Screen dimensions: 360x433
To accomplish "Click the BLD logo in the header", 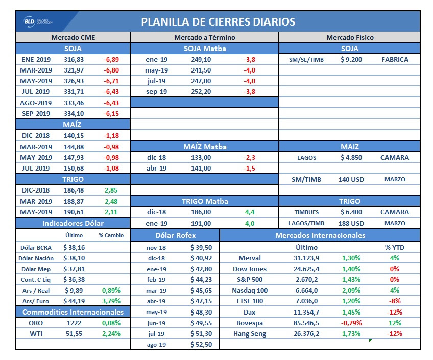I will coord(38,22).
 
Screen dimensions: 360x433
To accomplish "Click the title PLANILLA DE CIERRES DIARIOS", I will coord(218,22).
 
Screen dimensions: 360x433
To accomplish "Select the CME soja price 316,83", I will coord(73,59).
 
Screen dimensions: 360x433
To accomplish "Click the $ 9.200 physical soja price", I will coord(351,59).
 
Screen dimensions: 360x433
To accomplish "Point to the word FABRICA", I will coord(395,59).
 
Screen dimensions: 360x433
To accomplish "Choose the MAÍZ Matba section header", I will coord(204,147).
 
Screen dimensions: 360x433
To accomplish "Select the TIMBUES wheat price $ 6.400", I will coord(351,212).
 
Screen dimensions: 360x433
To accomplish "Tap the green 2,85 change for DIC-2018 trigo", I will coord(111,190).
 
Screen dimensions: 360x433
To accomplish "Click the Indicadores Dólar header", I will coord(73,223).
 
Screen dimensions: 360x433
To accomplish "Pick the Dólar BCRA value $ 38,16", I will coord(74,247).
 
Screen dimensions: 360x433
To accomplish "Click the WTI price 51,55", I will coord(73,333).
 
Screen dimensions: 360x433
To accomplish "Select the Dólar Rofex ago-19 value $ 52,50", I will coord(201,345).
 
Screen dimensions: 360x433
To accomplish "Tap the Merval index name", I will coord(249,258).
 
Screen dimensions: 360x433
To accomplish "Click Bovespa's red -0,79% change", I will coord(351,323).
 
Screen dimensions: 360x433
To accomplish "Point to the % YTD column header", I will coord(395,247).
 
